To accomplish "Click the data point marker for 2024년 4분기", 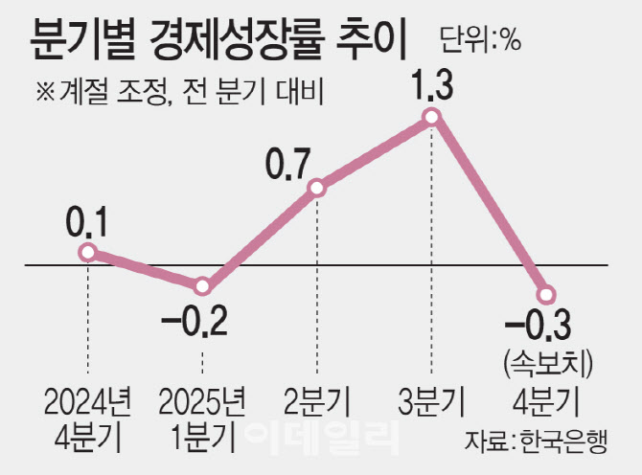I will pos(88,252).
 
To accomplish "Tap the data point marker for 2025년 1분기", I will pos(202,285).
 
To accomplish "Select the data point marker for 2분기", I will pos(317,189).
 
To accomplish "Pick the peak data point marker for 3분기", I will pos(431,117).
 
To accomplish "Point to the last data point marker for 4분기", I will pos(546,294).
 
